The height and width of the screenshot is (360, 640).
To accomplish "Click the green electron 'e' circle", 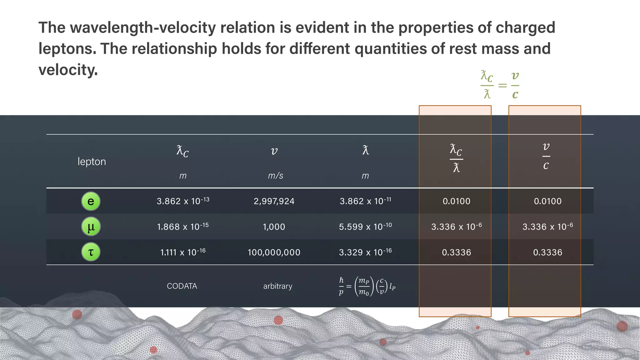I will point(91,201).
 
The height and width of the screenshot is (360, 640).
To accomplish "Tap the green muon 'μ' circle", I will point(91,227).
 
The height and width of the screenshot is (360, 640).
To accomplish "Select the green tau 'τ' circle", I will point(91,252).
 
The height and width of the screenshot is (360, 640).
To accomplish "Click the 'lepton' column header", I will point(92,162).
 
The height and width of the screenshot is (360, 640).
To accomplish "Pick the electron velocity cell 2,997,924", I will point(274,201).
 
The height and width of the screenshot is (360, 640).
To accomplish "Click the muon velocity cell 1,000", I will point(274,227).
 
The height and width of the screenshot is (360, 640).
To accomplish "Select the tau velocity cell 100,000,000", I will point(274,252).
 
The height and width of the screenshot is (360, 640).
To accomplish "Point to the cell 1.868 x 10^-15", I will point(183,227).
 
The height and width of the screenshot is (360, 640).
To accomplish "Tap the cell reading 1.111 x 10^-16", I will point(183,252).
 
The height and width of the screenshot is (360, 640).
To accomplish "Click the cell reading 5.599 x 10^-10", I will point(365,227).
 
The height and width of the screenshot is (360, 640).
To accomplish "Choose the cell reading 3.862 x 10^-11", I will point(365,201).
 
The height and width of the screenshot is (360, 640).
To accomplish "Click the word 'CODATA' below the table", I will point(182,286).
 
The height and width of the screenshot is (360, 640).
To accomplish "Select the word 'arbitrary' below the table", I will point(278,286).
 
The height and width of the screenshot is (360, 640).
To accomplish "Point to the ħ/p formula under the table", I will point(367,286).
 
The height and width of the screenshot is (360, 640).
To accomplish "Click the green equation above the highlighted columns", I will point(500,85).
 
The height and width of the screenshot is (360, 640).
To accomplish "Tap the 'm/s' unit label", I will point(275,176).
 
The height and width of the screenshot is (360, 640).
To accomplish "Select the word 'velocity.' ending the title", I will point(68,70).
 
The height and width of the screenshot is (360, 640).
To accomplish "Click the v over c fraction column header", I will point(546,156).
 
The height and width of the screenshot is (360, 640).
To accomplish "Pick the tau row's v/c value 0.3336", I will point(547,252).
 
